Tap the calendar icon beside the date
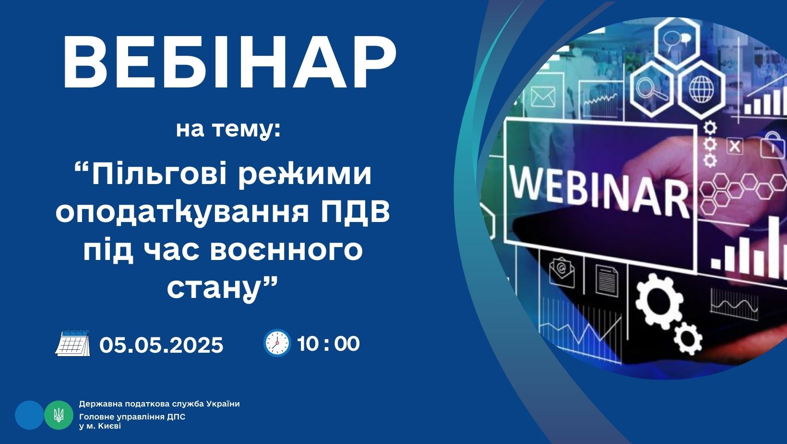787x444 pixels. coord(72,343)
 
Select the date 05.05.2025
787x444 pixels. coord(161,345)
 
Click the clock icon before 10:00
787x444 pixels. coord(277,343)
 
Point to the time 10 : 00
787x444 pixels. coord(329,344)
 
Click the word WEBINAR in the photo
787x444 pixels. coord(599,192)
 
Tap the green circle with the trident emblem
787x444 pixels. coord(59,415)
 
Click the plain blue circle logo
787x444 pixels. coord(30,415)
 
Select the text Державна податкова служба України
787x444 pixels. coord(159,404)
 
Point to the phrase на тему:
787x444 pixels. coord(228,129)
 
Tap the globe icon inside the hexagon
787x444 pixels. coord(701,89)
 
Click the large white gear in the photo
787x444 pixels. coord(659,301)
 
